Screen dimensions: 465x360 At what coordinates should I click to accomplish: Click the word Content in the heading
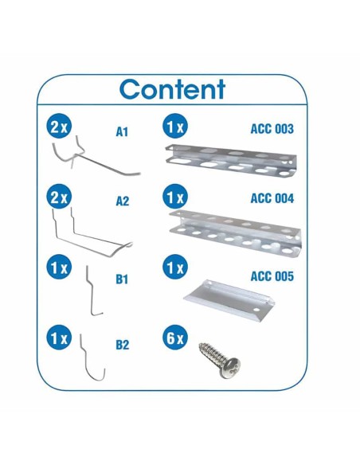[173, 88]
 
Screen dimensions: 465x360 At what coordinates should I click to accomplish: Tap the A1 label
[122, 131]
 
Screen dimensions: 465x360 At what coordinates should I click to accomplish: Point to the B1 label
[122, 280]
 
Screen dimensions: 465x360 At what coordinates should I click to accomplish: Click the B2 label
[122, 345]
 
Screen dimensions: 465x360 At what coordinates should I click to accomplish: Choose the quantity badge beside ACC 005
[174, 268]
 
